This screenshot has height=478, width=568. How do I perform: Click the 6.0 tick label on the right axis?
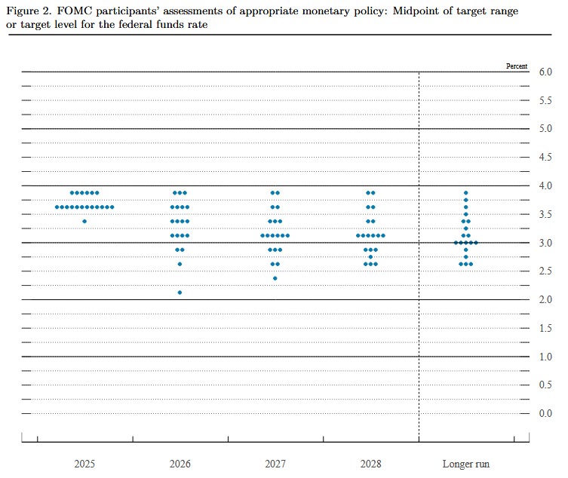[x=545, y=72]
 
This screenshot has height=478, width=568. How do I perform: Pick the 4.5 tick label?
[x=545, y=158]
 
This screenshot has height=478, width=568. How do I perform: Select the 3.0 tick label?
[x=545, y=243]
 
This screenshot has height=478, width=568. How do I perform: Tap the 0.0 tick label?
[x=545, y=414]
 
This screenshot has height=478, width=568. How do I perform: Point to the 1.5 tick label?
[x=545, y=328]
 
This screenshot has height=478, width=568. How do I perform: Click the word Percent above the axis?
[x=517, y=66]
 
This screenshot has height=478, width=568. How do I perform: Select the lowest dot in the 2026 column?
[x=180, y=293]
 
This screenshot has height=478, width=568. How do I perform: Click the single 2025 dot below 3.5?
[x=84, y=221]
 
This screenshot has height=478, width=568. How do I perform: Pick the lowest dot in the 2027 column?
[x=275, y=278]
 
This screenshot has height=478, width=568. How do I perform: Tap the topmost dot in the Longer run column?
[x=465, y=193]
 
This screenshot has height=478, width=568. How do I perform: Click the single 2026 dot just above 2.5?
[x=180, y=264]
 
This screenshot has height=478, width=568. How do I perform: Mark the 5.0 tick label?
[x=545, y=129]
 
